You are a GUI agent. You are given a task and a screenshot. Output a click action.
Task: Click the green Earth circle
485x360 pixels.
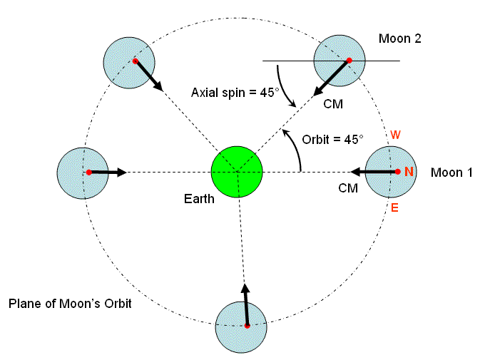[238, 172]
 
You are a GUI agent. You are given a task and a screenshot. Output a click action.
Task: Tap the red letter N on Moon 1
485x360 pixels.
[409, 172]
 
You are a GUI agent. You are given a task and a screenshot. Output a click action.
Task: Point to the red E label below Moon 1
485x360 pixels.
[394, 207]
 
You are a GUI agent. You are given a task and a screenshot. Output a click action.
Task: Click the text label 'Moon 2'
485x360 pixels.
[400, 39]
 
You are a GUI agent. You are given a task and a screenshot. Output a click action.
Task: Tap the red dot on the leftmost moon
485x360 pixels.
[88, 173]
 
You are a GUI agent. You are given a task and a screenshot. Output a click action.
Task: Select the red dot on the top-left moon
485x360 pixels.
[134, 61]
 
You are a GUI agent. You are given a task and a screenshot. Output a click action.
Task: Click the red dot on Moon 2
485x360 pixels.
[349, 61]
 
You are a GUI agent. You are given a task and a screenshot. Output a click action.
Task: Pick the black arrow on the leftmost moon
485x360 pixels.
[108, 173]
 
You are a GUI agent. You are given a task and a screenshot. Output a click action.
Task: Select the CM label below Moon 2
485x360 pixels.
[333, 104]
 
